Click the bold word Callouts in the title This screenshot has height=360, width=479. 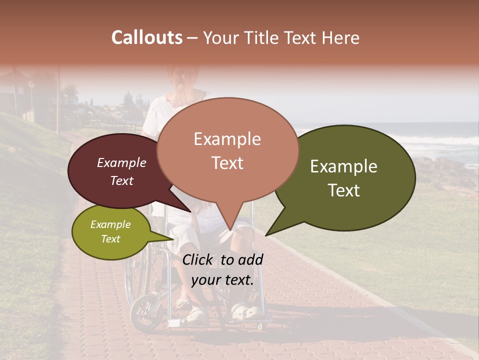[147, 37]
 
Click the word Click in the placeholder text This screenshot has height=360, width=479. [198, 259]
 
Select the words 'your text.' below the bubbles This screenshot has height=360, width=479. [222, 280]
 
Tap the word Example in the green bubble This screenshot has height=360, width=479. [344, 166]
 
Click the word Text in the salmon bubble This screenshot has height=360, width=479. [228, 163]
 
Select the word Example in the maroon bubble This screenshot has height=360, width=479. [121, 162]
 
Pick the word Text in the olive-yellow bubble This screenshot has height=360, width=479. [110, 239]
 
